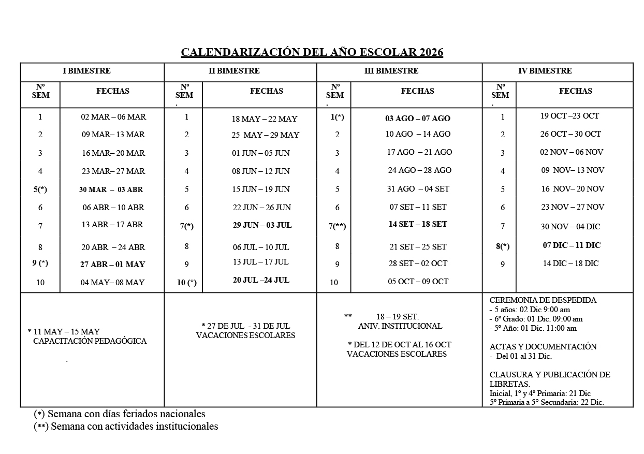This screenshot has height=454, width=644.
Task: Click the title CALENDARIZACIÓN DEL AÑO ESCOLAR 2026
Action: [x=312, y=52]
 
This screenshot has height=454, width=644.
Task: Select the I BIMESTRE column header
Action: [x=86, y=71]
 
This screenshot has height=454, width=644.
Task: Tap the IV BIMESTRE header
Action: [x=545, y=71]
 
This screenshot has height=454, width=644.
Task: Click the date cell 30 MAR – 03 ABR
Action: [x=111, y=189]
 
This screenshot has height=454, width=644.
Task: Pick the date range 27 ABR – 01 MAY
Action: [x=112, y=264]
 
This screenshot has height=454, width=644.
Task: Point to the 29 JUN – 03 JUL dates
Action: [x=262, y=225]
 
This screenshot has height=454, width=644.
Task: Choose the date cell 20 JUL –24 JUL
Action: [x=261, y=280]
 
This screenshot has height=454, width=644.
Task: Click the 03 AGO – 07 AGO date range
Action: [x=417, y=119]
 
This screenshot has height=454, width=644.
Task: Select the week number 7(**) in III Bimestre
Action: [x=337, y=226]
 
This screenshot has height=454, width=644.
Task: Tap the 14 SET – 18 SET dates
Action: [x=418, y=224]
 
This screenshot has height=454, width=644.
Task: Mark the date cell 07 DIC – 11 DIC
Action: [x=572, y=245]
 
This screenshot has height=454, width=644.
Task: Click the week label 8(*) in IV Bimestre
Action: [x=503, y=246]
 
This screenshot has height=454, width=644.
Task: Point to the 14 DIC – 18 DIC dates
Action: [x=570, y=263]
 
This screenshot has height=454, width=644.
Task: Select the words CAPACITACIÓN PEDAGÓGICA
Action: [x=90, y=341]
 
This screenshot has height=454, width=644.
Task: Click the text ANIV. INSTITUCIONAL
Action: [x=400, y=326]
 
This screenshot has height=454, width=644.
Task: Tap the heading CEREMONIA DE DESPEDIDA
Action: [x=543, y=300]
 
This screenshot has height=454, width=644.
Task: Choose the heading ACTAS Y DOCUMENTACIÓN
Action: [x=543, y=347]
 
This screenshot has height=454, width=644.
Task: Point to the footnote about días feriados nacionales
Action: [x=120, y=414]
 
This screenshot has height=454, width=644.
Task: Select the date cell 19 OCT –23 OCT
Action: [x=569, y=116]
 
